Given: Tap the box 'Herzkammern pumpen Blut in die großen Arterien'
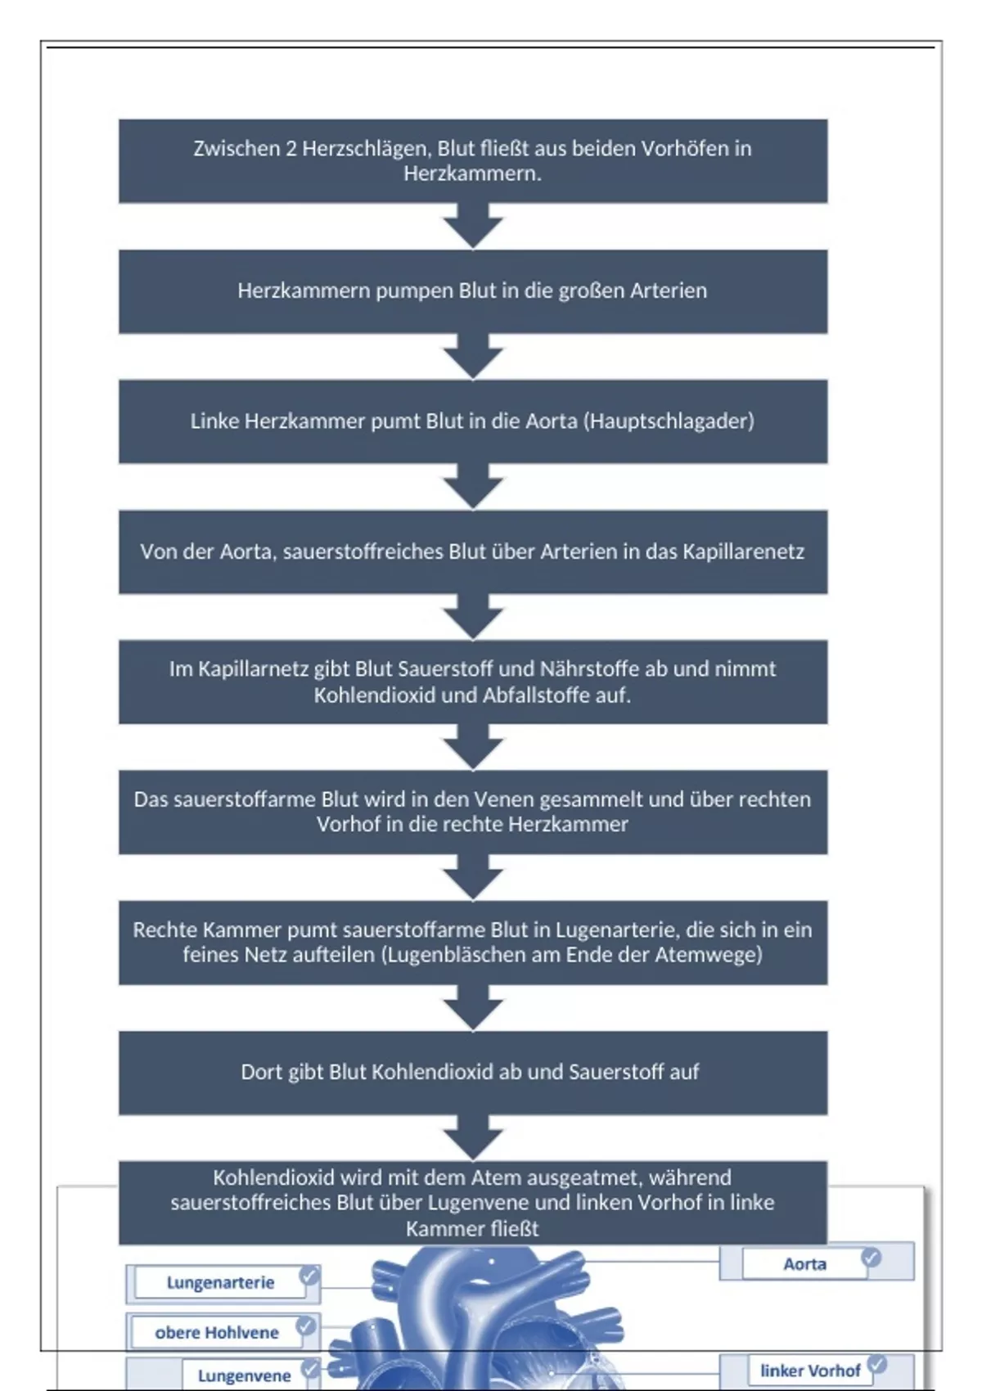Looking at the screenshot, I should pyautogui.click(x=472, y=291).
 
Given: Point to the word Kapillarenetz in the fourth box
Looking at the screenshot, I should pyautogui.click(x=743, y=551).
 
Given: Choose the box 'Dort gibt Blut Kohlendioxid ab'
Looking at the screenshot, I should pyautogui.click(x=472, y=1073).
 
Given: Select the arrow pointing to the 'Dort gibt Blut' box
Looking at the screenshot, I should pyautogui.click(x=473, y=1008).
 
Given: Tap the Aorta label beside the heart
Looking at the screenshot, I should pyautogui.click(x=804, y=1264).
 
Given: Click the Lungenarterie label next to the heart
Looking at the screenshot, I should pyautogui.click(x=220, y=1283).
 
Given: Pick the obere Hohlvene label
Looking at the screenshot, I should pyautogui.click(x=217, y=1333).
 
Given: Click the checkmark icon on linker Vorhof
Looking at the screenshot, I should pyautogui.click(x=876, y=1364).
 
